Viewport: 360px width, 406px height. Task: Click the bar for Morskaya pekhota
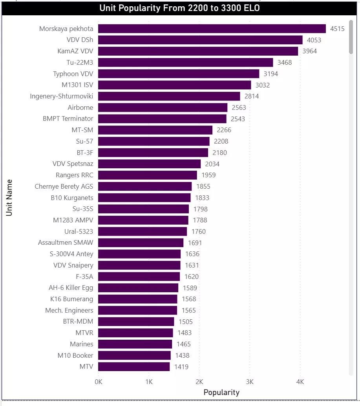coord(212,29)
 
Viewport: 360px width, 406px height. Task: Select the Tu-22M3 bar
coord(185,62)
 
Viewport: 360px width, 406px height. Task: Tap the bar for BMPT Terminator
coord(162,118)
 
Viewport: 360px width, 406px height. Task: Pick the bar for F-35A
coord(139,277)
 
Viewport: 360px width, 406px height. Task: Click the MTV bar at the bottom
coord(134,367)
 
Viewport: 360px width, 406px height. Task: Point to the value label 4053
coord(314,40)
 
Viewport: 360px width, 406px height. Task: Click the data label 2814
coord(252,96)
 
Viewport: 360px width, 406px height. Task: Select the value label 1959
coord(208,175)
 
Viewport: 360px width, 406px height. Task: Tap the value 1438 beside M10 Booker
coord(182,355)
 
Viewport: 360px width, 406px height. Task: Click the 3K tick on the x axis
coord(250,382)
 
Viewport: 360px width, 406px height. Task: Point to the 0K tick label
coord(98,382)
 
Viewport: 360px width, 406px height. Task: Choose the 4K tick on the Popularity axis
coord(300,382)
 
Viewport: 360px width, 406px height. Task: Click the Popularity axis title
coord(221,392)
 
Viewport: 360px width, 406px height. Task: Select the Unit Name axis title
coord(9,198)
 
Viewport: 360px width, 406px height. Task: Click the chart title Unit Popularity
coord(179,8)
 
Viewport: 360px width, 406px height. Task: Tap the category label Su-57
coord(85,141)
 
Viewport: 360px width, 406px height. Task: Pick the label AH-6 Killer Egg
coord(71,288)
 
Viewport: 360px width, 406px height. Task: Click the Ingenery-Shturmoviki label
coord(62,96)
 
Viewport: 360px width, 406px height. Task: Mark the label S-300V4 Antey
coord(72,254)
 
